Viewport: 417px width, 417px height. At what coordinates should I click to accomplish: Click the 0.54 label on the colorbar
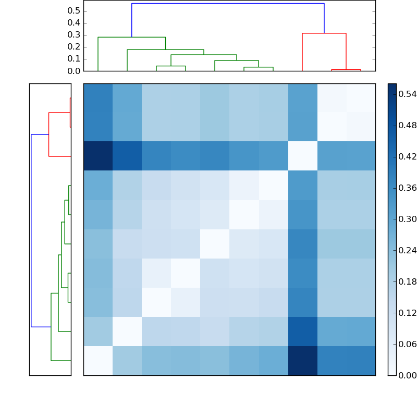click(x=408, y=94)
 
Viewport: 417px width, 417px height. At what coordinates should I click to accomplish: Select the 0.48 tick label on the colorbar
click(x=408, y=125)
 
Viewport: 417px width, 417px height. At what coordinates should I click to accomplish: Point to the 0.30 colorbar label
click(x=408, y=219)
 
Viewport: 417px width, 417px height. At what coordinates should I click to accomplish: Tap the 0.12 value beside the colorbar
click(x=408, y=313)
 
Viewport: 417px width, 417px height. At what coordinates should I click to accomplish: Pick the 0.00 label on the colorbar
click(x=408, y=375)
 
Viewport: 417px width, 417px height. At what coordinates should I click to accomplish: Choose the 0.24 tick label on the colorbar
click(x=408, y=250)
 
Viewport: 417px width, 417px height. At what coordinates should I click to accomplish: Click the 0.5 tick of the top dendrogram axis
click(x=73, y=11)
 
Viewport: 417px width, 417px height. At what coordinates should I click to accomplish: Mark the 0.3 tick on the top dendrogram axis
click(x=73, y=35)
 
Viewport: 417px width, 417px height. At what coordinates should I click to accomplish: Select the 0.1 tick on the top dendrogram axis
click(x=73, y=59)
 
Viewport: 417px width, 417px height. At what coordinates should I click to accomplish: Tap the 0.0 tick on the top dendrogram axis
click(x=73, y=71)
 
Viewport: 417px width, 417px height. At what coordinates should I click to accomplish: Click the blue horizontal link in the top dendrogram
click(x=228, y=4)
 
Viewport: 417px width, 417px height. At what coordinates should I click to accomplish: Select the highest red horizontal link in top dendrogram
click(x=324, y=33)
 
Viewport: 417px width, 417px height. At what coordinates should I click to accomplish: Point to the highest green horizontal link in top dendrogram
click(x=131, y=38)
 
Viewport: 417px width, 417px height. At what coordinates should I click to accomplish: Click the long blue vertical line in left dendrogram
click(x=31, y=230)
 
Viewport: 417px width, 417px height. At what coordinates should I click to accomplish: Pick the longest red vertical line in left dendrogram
click(x=48, y=134)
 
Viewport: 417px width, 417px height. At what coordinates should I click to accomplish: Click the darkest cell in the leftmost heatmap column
click(x=98, y=156)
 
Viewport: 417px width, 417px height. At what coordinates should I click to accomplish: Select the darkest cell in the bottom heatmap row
click(x=302, y=361)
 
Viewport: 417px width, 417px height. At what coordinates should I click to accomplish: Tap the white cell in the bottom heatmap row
click(x=98, y=361)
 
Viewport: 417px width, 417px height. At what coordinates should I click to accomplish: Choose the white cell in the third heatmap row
click(x=302, y=156)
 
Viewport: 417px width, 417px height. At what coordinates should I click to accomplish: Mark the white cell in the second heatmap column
click(x=127, y=332)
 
